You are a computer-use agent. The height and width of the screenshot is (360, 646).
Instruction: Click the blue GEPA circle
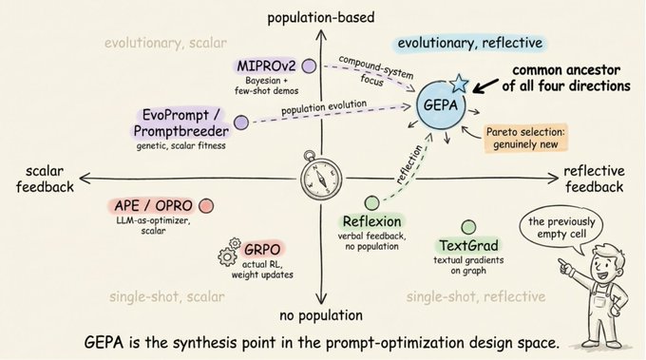[x=441, y=105]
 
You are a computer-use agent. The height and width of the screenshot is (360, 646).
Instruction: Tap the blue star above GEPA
[x=459, y=83]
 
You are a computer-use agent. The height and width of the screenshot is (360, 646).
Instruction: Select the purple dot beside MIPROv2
[x=309, y=66]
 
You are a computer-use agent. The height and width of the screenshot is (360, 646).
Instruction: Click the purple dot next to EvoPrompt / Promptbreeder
[x=241, y=123]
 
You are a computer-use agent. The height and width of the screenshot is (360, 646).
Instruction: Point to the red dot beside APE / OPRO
[x=206, y=206]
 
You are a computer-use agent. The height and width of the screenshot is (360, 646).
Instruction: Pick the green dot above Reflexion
[x=372, y=203]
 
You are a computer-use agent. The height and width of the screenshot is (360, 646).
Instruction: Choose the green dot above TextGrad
[x=468, y=227]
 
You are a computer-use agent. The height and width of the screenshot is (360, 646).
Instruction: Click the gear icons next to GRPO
[x=229, y=252]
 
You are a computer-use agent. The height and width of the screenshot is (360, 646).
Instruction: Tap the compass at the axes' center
[x=320, y=177]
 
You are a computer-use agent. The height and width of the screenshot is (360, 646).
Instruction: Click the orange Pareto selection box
[x=525, y=138]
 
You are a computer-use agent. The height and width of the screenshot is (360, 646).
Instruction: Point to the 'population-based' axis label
[x=321, y=18]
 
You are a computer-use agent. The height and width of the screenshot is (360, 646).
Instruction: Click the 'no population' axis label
[x=321, y=315]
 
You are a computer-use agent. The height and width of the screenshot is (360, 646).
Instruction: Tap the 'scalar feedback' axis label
[x=45, y=180]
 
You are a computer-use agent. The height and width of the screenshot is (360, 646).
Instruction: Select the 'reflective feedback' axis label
[x=594, y=180]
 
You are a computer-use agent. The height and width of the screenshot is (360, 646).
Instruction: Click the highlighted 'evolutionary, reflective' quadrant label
[x=470, y=44]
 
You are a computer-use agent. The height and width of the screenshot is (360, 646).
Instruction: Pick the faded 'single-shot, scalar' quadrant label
[x=167, y=296]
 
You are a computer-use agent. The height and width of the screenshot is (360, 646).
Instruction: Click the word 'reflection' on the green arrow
[x=409, y=164]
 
